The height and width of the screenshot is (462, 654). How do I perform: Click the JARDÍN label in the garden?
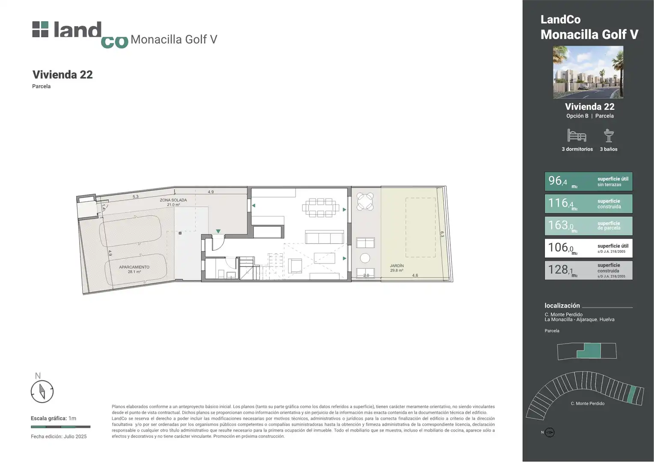click(x=397, y=266)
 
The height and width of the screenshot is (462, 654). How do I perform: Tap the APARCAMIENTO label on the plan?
click(x=134, y=267)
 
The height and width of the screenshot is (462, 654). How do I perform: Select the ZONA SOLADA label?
click(x=173, y=200)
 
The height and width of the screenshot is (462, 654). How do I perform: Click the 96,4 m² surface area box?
click(x=589, y=181)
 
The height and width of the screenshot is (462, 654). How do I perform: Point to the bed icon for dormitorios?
click(x=577, y=136)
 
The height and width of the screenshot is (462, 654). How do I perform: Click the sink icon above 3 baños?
click(x=609, y=136)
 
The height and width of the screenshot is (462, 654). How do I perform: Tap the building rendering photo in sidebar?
click(x=589, y=72)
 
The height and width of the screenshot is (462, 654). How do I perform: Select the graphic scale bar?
click(x=61, y=426)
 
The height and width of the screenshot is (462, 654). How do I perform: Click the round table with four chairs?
click(x=365, y=201)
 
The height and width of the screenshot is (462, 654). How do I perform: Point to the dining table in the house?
click(x=321, y=208)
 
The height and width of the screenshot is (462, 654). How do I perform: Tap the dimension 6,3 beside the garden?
click(x=442, y=234)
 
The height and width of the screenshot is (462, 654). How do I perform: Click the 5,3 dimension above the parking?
click(x=136, y=197)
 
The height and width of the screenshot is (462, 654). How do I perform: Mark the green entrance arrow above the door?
click(x=218, y=231)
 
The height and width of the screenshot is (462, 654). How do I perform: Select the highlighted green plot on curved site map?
click(x=631, y=394)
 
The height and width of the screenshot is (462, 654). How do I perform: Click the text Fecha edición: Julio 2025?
click(x=59, y=436)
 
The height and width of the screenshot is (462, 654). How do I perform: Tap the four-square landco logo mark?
click(x=40, y=29)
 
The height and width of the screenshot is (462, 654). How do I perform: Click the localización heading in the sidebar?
click(x=562, y=305)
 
